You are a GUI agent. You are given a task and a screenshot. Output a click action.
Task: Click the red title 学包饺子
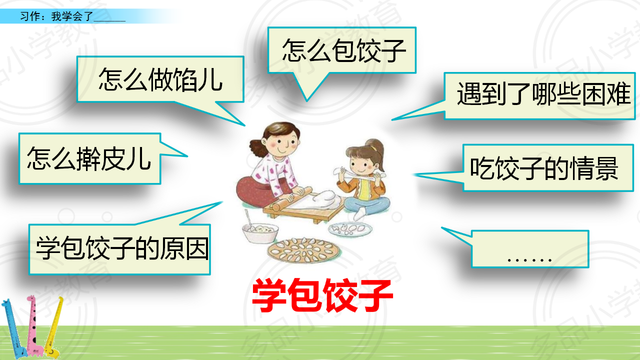click(322, 295)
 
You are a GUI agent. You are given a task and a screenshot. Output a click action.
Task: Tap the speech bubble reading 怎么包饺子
click(341, 50)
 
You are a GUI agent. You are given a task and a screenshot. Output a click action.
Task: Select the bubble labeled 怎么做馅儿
click(160, 79)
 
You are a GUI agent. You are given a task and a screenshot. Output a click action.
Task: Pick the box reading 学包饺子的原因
click(119, 249)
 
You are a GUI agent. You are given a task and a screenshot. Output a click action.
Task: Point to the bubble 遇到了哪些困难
click(539, 96)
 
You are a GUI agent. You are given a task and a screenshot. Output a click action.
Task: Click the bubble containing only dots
click(529, 249)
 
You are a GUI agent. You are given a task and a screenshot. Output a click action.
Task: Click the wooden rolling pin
click(291, 198)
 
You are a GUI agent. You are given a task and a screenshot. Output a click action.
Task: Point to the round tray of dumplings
click(303, 250)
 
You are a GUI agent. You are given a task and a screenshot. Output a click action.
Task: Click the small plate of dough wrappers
click(350, 228)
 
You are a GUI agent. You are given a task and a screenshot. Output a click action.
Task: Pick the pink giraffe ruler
click(33, 325)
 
